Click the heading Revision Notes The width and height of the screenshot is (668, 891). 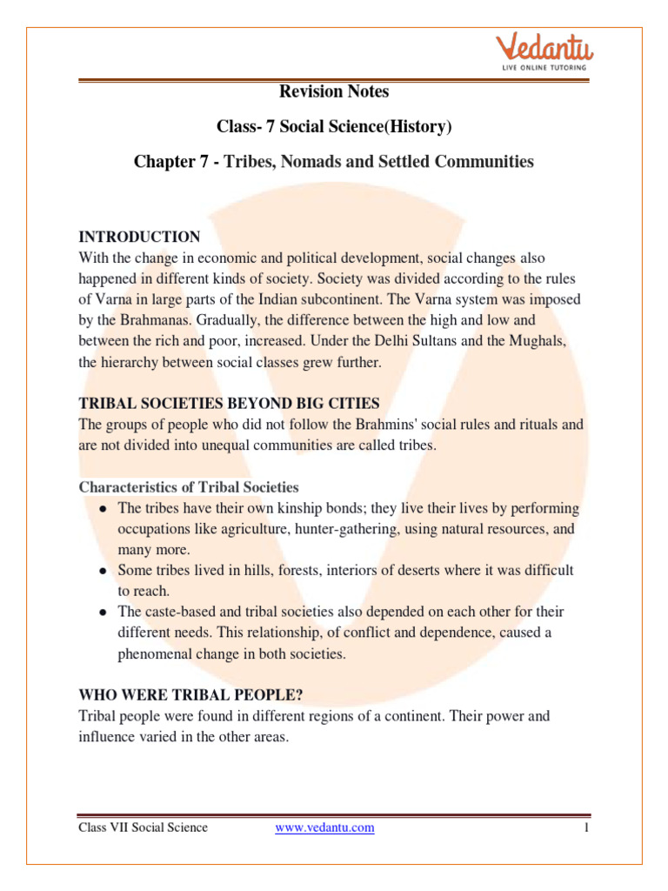point(334,91)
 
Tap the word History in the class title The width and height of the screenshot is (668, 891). point(418,127)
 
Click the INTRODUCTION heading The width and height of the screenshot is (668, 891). point(139,237)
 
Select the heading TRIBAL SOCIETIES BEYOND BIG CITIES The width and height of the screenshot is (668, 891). point(229,404)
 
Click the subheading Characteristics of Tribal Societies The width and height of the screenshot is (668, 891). point(189,487)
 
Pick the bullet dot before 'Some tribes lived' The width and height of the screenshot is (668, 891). point(103,572)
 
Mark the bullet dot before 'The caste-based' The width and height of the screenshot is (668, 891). point(103,613)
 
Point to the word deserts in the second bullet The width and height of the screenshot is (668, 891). point(391,571)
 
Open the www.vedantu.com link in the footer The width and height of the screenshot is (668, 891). point(324,827)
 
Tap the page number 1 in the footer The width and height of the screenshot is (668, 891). point(587,827)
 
